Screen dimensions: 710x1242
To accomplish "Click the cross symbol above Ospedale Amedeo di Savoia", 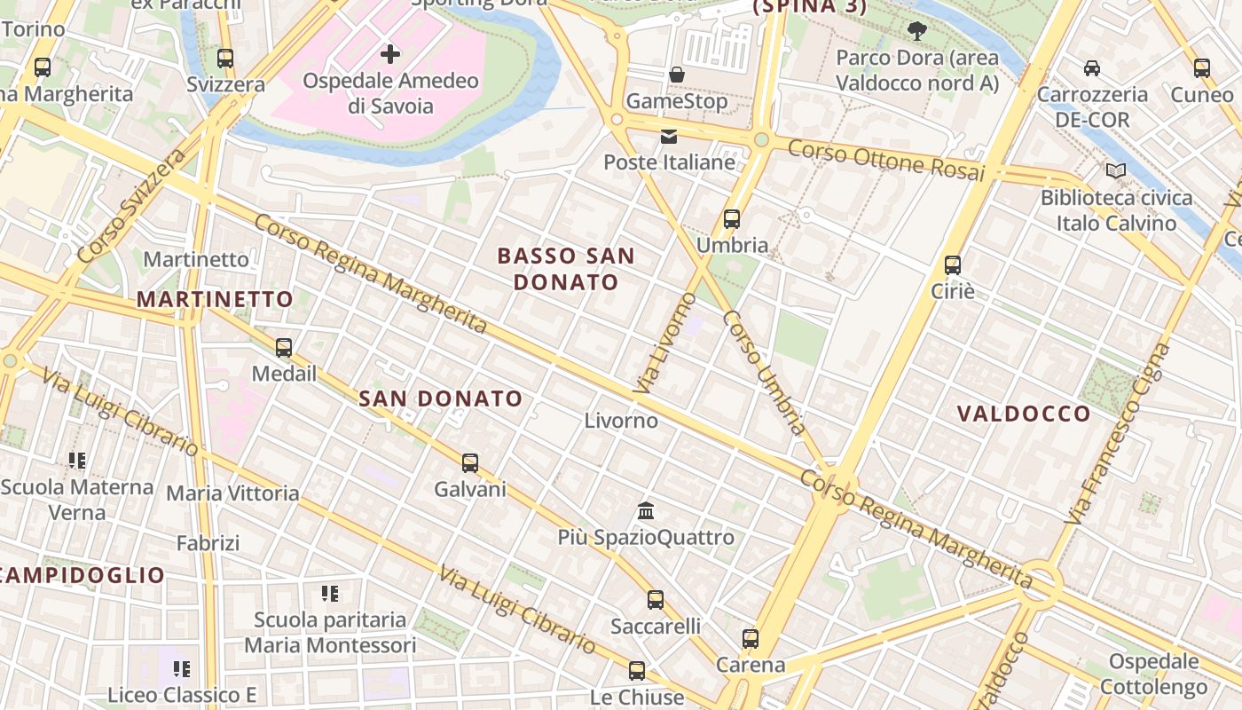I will pos(389,54).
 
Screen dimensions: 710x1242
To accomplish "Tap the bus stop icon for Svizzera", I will pos(225,59).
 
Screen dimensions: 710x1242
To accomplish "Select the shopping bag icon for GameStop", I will pos(677,75).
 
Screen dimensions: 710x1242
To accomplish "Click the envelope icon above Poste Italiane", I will pos(669,137).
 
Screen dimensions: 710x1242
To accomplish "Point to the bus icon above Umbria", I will pos(732,219).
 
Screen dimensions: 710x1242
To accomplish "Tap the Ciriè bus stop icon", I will pos(953,264).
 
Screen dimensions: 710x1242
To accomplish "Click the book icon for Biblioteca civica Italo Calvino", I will pos(1116,170).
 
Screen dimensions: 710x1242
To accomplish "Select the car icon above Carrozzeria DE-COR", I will pos(1092,68).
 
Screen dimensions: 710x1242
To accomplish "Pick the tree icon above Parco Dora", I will pos(917,32).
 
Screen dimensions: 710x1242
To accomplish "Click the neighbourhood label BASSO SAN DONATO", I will pos(566,269).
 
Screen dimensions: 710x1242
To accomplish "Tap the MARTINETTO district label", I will pos(215,299).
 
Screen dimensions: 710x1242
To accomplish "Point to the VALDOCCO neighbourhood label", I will pos(1025,414).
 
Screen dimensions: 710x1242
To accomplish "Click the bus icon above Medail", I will pos(284,348).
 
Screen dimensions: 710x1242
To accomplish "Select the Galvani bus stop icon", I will pos(470,462).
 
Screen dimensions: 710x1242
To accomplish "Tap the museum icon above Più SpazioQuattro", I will pos(646,511).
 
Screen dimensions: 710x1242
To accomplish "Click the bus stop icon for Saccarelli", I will pos(656,600).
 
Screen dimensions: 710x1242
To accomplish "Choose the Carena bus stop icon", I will pos(751,638).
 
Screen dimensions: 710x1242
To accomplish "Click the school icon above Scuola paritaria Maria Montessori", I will pos(330,593).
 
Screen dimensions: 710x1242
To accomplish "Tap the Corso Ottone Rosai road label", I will pos(886,161).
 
